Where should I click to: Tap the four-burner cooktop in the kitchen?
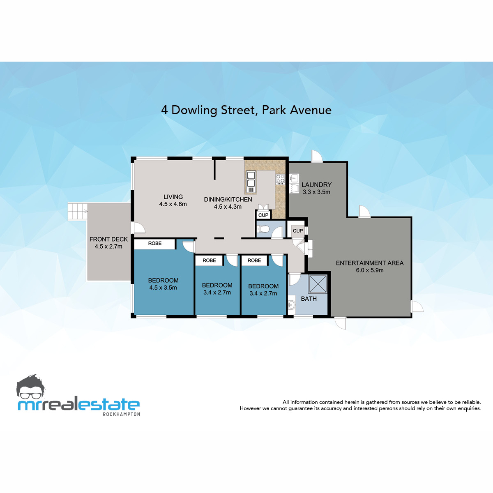point(280,179)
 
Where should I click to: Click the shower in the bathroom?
point(318,284)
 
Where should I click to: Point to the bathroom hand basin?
point(292,305)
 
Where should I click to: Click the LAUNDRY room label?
point(316,185)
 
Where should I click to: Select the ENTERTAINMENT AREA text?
point(370,263)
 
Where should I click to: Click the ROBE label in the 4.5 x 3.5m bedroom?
point(155,244)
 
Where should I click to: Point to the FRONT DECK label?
point(108,239)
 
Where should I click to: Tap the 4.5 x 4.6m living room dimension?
point(173,204)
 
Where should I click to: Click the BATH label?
point(309,299)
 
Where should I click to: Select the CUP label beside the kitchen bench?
point(263,215)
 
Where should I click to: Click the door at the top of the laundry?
point(317,157)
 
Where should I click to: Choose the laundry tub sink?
point(294,178)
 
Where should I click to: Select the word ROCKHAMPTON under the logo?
point(121,414)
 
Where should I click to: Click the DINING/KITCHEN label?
point(228,199)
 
